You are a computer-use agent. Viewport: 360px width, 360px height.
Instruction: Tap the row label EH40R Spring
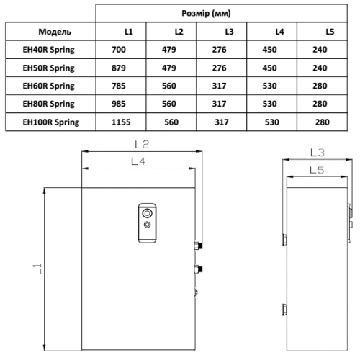[50, 50]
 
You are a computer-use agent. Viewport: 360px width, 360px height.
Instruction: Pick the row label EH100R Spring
[51, 122]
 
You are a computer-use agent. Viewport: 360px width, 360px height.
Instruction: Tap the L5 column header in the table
[330, 32]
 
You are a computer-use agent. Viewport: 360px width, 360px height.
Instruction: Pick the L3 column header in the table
[229, 32]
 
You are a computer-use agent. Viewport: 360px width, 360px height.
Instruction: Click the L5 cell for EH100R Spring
[322, 122]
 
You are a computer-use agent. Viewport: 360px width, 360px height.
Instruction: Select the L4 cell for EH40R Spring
[279, 50]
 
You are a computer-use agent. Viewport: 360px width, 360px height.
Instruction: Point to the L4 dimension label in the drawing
[139, 162]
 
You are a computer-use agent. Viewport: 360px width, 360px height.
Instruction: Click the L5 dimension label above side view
[314, 170]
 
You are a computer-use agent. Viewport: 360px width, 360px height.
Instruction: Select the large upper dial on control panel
[147, 213]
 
